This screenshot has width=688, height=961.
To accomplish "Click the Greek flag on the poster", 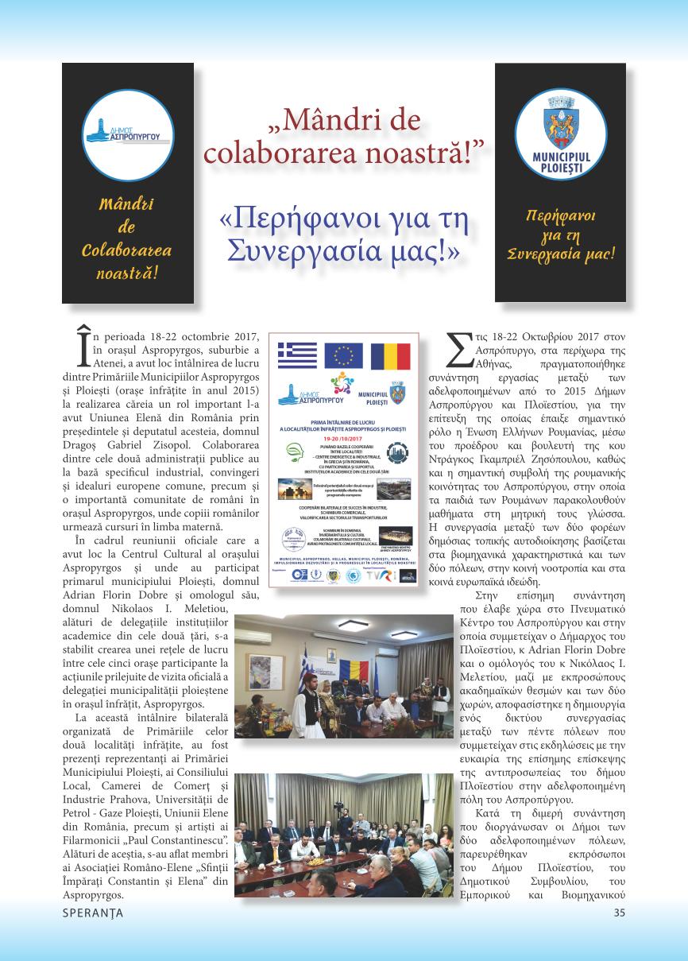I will point(297,355).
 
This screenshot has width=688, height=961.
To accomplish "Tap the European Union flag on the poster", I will point(343,355).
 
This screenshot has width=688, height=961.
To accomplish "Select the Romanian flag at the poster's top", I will point(390,355).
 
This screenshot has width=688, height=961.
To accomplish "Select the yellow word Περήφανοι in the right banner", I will point(560,215).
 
